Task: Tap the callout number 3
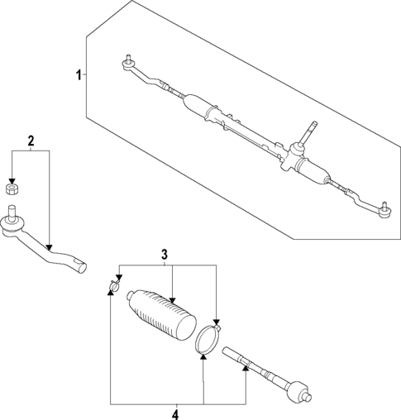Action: tap(165, 254)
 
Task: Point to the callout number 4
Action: tap(174, 413)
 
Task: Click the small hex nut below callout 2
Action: tap(12, 189)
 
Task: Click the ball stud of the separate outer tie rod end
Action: tap(12, 215)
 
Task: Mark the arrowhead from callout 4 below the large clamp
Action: tap(203, 360)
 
